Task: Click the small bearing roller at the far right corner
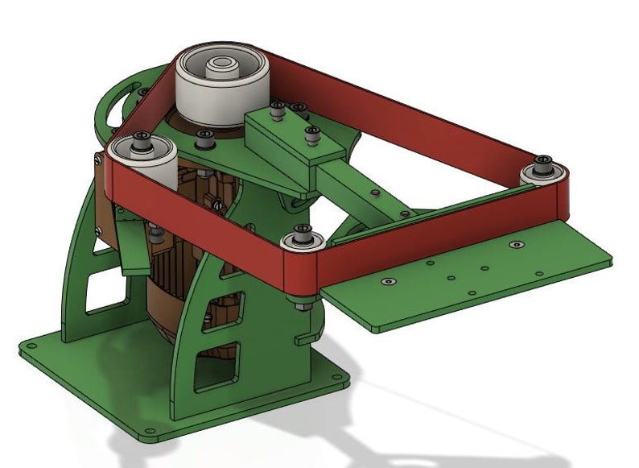[544, 172]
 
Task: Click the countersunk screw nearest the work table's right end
[516, 242]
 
